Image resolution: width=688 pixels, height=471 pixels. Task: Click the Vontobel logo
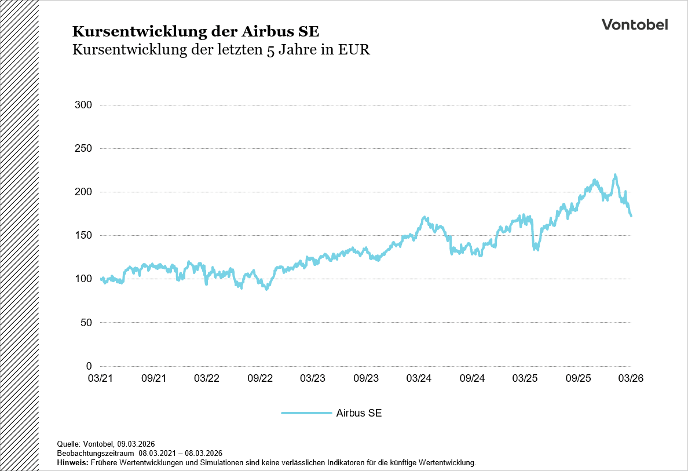point(634,24)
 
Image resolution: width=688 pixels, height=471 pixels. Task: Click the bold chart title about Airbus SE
point(195,31)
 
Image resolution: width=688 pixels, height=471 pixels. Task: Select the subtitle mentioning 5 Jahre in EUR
point(221,50)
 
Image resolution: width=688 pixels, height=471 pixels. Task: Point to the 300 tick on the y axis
point(83,105)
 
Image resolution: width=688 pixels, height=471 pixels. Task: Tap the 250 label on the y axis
point(83,148)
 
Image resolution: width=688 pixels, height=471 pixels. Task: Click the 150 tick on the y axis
point(83,235)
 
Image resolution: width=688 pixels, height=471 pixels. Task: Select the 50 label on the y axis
point(86,322)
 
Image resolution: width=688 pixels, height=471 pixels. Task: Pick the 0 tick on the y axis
point(89,366)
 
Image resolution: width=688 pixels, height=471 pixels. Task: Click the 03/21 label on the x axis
point(100,378)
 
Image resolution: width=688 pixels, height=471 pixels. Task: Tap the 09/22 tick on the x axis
point(259,378)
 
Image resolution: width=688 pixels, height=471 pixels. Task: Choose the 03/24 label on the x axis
point(419,378)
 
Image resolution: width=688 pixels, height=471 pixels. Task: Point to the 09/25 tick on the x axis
point(578,378)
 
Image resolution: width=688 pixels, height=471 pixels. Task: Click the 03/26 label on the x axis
point(631,378)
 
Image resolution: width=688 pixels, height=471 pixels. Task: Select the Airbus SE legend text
point(358,413)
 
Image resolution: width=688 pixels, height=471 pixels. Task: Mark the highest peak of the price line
point(614,175)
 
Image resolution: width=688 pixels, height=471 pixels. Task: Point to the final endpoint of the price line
point(631,216)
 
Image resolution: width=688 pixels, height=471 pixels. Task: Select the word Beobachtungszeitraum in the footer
point(96,453)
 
